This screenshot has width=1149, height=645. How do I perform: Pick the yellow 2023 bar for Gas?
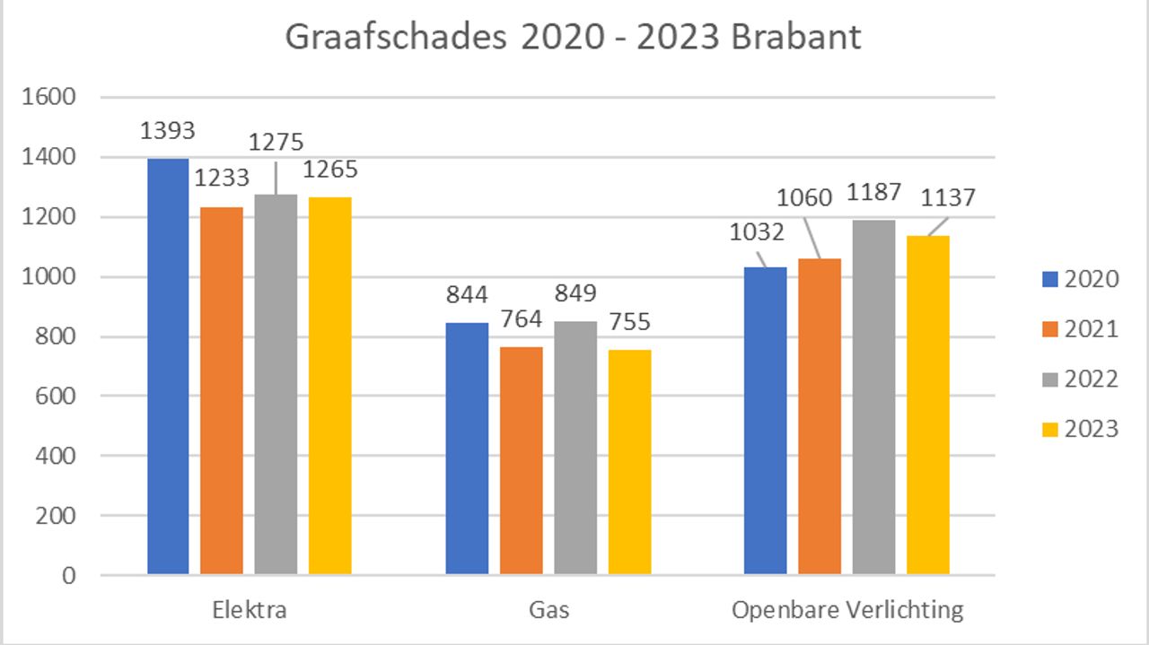click(628, 462)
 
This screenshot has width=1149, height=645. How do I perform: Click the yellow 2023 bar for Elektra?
click(329, 386)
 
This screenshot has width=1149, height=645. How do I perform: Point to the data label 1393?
click(168, 131)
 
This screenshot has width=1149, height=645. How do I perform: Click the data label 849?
click(574, 292)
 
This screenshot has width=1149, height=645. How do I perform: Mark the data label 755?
click(628, 321)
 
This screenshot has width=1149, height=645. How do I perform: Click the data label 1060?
click(804, 197)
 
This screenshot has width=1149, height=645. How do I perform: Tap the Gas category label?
click(548, 611)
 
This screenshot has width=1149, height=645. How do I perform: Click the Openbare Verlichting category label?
click(847, 611)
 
